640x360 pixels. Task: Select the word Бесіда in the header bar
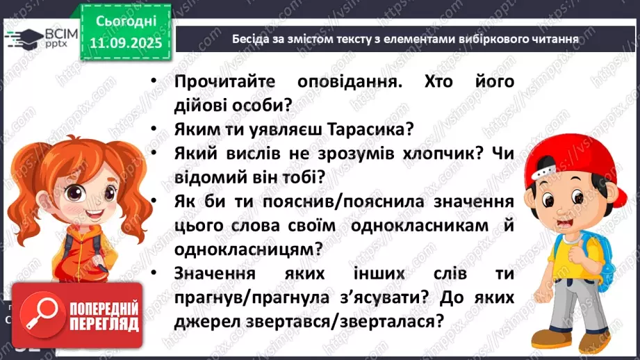coord(252,39)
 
